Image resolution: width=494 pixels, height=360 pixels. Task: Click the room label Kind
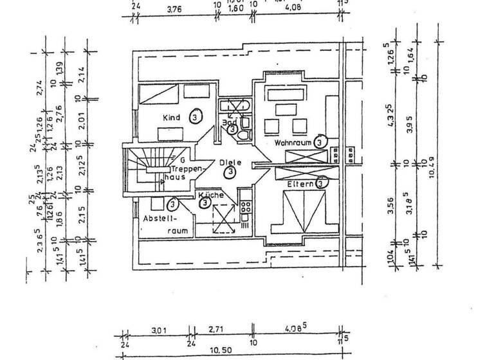(170, 118)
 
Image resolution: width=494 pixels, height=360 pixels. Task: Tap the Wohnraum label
(293, 141)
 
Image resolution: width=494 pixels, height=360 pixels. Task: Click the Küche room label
(210, 194)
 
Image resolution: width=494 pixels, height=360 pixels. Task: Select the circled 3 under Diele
(230, 172)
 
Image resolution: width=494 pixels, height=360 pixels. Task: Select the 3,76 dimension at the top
(174, 9)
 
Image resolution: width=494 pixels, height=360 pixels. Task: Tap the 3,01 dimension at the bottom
(158, 331)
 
